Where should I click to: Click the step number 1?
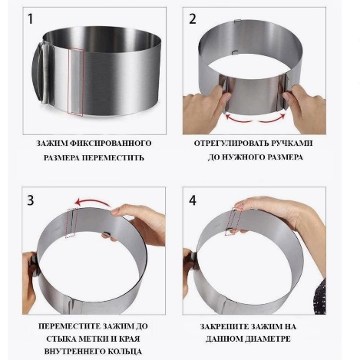tap(31, 19)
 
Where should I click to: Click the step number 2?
tap(193, 19)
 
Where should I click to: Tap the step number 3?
tap(31, 200)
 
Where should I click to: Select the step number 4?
tap(193, 200)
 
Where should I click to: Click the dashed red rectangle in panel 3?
tap(71, 223)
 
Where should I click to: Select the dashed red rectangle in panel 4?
tap(233, 222)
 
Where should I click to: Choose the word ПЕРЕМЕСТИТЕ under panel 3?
tap(68, 326)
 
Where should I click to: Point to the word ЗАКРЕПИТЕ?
tap(223, 326)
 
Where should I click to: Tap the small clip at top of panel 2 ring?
tap(238, 20)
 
